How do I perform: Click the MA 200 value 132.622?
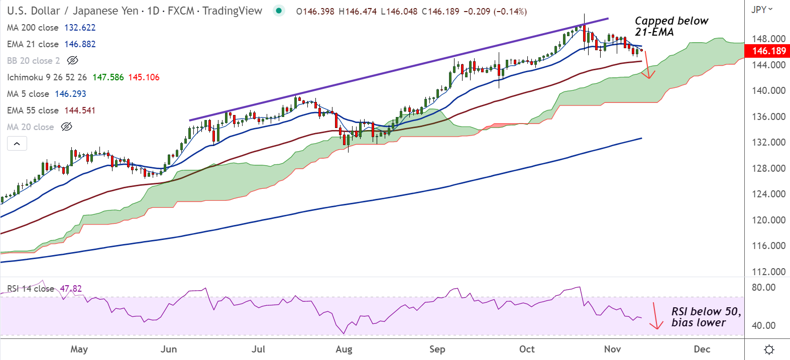(80, 28)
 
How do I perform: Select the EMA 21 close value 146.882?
(80, 44)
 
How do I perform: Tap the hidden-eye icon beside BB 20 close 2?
(73, 61)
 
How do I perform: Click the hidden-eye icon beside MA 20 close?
(66, 127)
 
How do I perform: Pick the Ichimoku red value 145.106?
(144, 77)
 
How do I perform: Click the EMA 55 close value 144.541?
(80, 110)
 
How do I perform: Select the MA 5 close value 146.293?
(70, 94)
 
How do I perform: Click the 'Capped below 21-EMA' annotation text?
(671, 26)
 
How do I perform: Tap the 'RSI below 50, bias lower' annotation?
(705, 317)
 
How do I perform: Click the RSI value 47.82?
(71, 289)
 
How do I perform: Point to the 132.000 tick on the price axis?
(768, 142)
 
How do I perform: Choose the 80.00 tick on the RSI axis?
(763, 287)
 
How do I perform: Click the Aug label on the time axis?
(344, 349)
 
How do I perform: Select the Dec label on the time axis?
(702, 349)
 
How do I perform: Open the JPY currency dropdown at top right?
(762, 10)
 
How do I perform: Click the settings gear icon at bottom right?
(768, 349)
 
